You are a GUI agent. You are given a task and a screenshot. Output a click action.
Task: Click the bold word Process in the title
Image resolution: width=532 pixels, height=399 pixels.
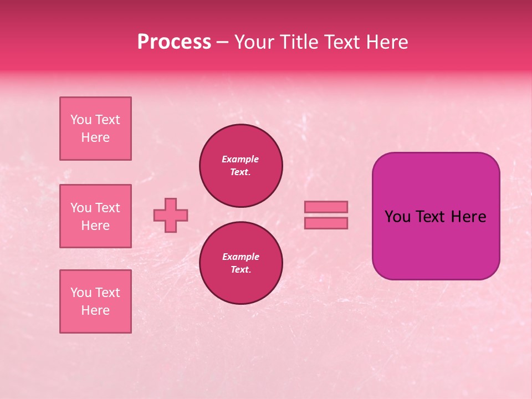(174, 42)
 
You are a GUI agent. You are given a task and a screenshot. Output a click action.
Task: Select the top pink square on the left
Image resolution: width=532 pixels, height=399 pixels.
(95, 129)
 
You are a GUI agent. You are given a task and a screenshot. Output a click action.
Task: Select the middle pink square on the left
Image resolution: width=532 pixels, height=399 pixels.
(95, 216)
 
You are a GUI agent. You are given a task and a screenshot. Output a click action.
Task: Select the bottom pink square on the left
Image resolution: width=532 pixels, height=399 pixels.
(95, 301)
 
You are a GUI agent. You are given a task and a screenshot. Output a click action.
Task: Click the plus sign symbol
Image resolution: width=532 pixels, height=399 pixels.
(171, 215)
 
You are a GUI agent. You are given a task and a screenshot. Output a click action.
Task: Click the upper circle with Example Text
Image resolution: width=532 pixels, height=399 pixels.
(241, 166)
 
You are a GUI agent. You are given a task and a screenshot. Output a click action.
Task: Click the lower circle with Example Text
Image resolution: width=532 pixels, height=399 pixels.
(241, 263)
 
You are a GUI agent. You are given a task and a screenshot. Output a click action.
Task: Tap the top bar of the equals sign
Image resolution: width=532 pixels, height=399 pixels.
(326, 207)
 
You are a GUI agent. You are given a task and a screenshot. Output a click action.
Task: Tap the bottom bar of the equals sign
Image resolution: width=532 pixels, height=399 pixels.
(326, 223)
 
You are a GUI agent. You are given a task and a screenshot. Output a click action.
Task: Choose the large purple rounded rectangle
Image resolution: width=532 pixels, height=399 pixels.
(436, 244)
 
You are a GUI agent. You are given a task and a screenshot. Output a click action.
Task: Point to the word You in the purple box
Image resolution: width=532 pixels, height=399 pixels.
(397, 217)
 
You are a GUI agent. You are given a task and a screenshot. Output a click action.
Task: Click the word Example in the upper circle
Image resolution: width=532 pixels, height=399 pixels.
(241, 159)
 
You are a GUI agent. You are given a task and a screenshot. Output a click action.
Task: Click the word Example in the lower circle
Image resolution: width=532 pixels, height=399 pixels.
(241, 257)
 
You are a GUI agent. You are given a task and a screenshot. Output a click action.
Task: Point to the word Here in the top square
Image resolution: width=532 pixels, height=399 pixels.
(95, 137)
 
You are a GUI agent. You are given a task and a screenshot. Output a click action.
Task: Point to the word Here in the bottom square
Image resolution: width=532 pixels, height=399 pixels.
(95, 310)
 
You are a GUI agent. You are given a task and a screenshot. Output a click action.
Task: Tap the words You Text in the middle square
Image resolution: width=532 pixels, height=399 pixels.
(95, 208)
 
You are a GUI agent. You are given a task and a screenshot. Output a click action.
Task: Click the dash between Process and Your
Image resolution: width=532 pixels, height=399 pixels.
(223, 43)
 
